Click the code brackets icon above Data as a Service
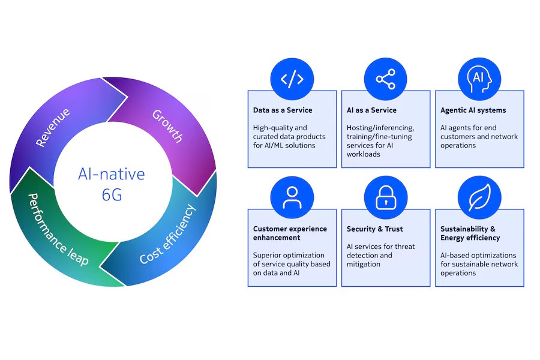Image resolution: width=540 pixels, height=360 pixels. coord(292,79)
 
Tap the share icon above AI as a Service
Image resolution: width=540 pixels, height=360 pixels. coord(386,79)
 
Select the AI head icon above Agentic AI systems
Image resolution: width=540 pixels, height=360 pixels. coord(479,79)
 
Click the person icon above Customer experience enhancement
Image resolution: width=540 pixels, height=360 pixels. coord(292,197)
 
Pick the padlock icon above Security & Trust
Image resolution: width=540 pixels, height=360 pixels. coord(386,197)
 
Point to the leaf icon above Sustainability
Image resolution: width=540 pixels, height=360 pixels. coord(479,197)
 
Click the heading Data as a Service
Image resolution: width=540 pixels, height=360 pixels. coord(283,110)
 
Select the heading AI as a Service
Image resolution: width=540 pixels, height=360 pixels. coord(372,110)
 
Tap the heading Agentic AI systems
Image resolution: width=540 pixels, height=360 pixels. coord(473,110)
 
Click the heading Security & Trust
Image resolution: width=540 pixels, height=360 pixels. coord(374,229)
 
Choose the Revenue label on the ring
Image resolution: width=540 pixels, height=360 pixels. coord(53,127)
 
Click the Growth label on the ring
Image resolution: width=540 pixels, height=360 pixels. coord(167,125)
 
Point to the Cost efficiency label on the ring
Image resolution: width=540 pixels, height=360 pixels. coord(168,235)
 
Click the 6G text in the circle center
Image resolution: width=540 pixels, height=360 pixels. coord(112,194)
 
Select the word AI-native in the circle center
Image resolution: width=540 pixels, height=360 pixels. coord(112,174)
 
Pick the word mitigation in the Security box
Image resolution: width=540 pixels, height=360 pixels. coord(364,264)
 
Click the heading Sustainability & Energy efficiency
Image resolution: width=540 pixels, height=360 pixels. coord(470,233)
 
